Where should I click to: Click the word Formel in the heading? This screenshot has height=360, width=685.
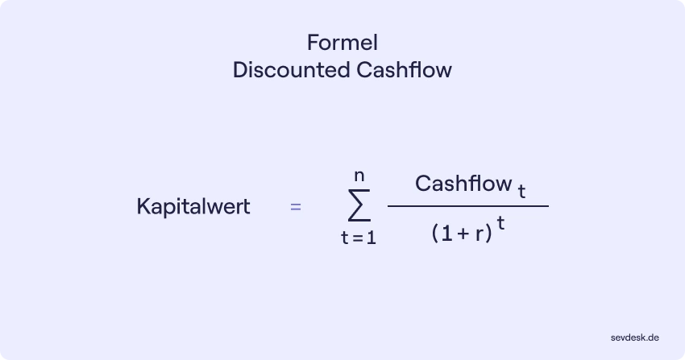(342, 42)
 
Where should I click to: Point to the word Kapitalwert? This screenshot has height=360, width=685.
(193, 206)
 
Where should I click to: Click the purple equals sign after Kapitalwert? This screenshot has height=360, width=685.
(296, 207)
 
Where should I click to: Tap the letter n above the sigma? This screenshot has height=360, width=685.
(359, 173)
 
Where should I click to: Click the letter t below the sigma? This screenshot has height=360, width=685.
(344, 239)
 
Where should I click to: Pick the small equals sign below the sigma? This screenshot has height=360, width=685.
(357, 239)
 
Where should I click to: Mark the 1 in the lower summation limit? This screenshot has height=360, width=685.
(372, 239)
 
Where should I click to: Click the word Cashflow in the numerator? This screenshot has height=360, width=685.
(463, 184)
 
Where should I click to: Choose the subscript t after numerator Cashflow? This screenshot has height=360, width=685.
(522, 191)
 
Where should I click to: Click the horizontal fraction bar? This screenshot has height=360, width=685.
(467, 206)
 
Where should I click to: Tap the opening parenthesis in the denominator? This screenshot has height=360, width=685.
(435, 234)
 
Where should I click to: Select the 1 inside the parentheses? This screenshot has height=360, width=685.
(446, 234)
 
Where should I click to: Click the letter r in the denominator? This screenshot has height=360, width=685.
(479, 234)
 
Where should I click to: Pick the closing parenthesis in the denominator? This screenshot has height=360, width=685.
(489, 234)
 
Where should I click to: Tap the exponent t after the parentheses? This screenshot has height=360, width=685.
(500, 226)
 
